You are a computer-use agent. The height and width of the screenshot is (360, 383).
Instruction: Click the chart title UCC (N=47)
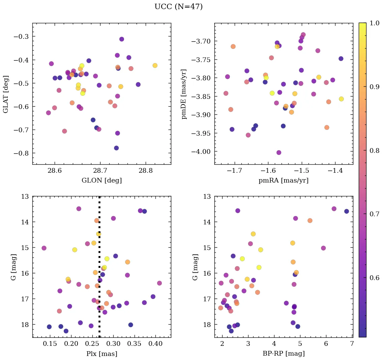point(178,7)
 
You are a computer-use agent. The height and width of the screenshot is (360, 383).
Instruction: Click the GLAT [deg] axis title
point(6,94)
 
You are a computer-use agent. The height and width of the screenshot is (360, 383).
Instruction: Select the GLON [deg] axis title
point(101,181)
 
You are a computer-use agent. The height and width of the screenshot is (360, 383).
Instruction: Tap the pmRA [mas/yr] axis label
point(283,181)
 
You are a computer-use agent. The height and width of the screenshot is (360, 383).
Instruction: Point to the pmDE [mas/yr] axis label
point(184,94)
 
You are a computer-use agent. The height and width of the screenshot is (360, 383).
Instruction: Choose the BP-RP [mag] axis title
point(283,354)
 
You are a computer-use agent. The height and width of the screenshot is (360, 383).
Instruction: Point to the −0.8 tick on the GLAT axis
point(23,153)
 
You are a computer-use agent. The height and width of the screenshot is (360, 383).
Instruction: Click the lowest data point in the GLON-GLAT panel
point(116,148)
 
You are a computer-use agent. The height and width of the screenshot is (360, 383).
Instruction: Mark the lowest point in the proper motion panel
point(278,153)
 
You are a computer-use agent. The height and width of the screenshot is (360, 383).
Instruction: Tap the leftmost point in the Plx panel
point(44,248)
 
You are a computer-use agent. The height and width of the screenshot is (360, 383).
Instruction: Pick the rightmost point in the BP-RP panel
point(346,211)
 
